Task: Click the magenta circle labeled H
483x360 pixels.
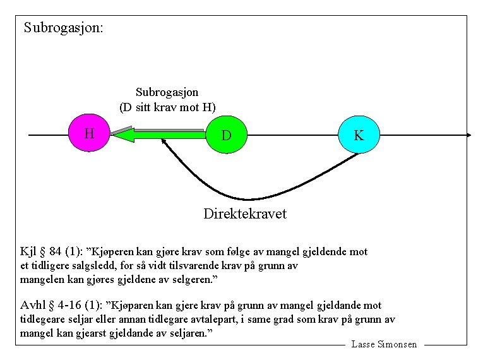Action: (89, 133)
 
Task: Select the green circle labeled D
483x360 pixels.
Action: (226, 135)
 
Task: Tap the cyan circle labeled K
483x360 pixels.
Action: (359, 135)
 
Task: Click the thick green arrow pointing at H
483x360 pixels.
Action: (158, 134)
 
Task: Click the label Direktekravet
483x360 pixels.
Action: (244, 214)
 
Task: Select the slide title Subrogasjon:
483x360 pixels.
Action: (63, 28)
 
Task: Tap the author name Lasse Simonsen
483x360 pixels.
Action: (384, 344)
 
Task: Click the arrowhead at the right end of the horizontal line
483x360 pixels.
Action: (468, 135)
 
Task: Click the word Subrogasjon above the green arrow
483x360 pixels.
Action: (167, 92)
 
